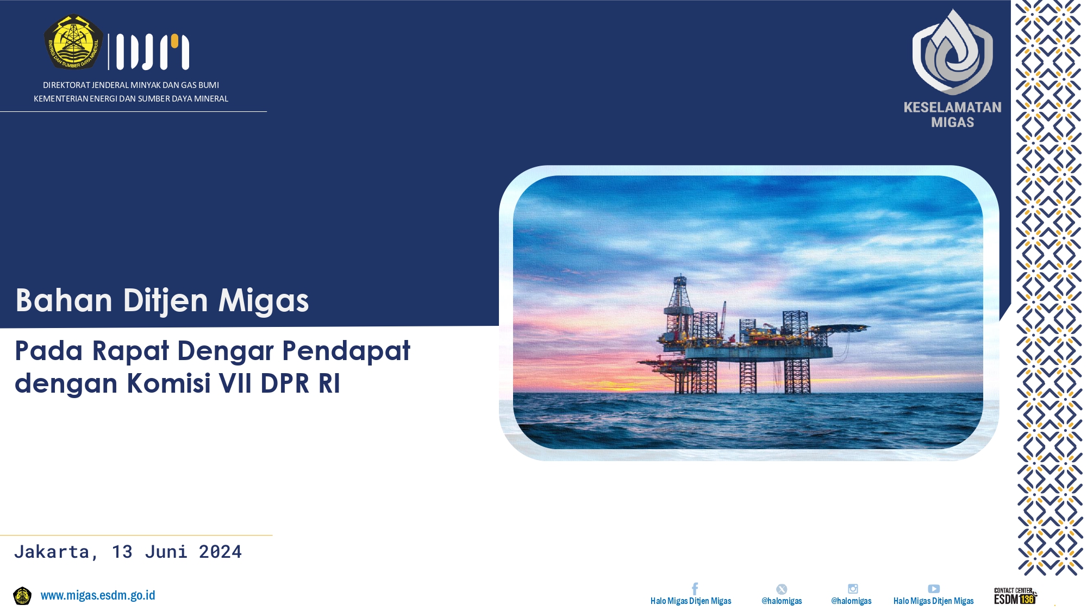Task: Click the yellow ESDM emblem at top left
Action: [x=73, y=42]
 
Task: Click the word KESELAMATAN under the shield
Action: [x=952, y=108]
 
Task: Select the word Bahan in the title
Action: [x=64, y=300]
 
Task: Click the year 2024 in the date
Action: [x=220, y=552]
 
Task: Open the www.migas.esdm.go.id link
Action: [x=98, y=596]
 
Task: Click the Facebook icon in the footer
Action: [x=695, y=589]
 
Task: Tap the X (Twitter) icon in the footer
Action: [x=782, y=589]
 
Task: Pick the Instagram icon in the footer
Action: [x=853, y=589]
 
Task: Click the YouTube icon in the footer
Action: [x=934, y=589]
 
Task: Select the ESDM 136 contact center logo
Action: [x=1015, y=596]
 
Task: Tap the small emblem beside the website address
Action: [x=22, y=596]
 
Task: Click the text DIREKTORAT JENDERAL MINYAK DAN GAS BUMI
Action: [x=131, y=85]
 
